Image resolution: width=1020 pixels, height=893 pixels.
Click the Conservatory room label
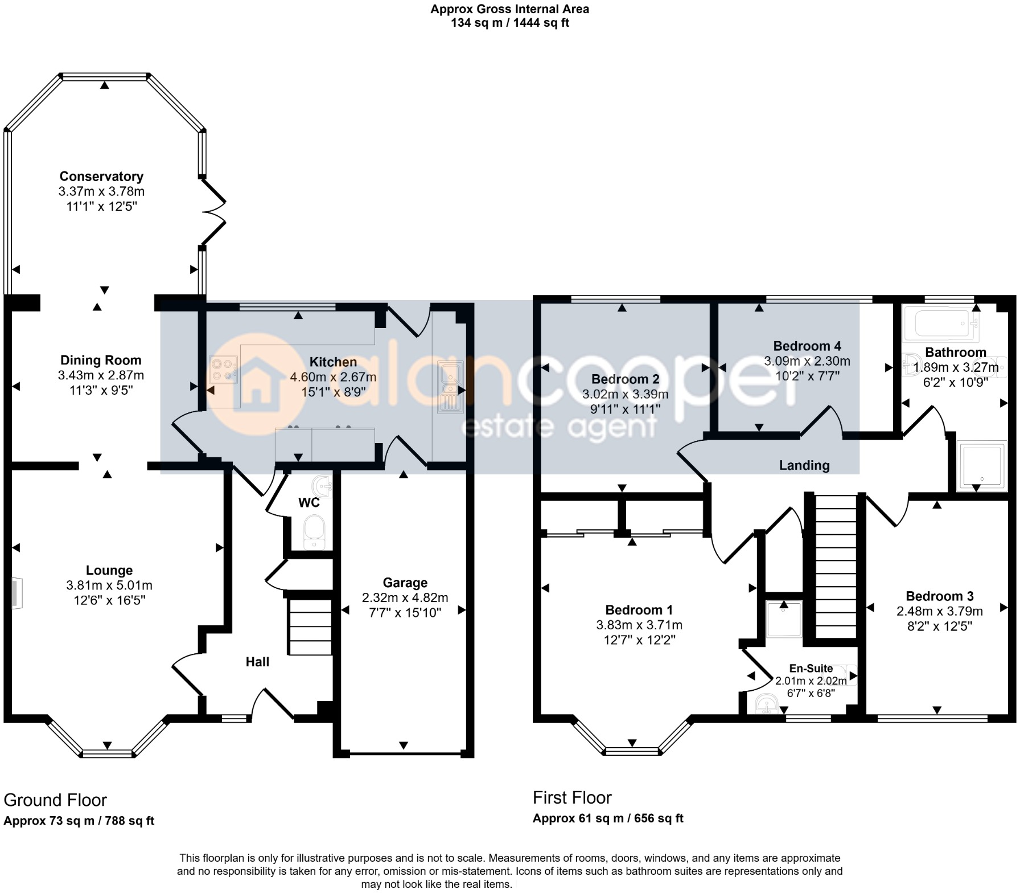coord(101,177)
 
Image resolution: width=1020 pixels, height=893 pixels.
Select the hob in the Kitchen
coord(223,369)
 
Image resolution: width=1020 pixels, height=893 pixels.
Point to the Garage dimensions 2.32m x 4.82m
coord(405,598)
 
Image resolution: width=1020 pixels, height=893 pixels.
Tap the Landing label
coord(804,465)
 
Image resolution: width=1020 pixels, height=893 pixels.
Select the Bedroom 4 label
coord(807,346)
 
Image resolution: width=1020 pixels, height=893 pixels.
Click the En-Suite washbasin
coord(766,705)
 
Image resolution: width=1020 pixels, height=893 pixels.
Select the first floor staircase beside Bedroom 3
coord(836,567)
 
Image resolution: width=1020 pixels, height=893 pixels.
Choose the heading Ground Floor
coord(55,800)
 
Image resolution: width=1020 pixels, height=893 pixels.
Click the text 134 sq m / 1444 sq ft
coord(509,23)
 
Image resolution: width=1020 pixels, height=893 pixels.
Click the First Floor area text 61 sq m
coord(608,818)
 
